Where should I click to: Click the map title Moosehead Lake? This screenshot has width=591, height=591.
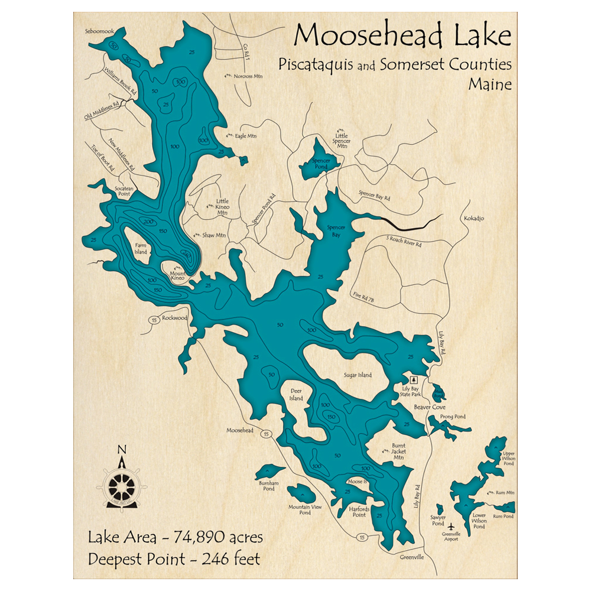click(x=402, y=36)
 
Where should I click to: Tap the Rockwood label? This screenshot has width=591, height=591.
click(x=174, y=318)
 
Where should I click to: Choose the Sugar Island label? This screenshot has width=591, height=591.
click(x=358, y=375)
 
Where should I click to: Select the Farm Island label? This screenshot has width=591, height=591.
click(x=141, y=248)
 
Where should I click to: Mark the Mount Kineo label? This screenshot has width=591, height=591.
click(x=177, y=276)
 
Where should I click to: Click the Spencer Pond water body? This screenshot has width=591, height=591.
click(x=318, y=163)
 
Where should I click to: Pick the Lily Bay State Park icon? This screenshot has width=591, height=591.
click(x=414, y=379)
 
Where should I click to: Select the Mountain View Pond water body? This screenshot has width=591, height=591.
click(x=301, y=492)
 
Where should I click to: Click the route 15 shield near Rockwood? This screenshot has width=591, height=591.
click(x=153, y=320)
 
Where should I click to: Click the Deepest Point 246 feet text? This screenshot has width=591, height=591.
click(x=174, y=558)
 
